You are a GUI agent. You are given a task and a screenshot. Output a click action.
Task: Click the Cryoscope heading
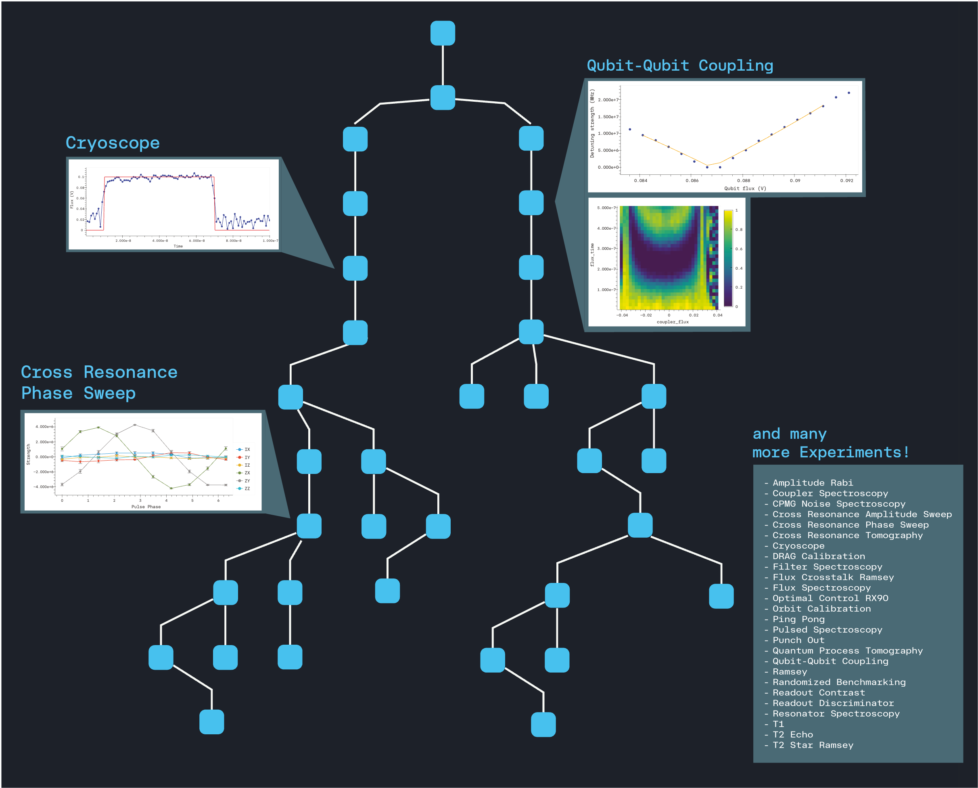pyautogui.click(x=113, y=143)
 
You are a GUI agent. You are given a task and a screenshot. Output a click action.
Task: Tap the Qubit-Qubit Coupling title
pyautogui.click(x=679, y=65)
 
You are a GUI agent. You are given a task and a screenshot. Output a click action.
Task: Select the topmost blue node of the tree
pyautogui.click(x=442, y=33)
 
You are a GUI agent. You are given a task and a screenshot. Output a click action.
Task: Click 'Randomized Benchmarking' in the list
pyautogui.click(x=839, y=682)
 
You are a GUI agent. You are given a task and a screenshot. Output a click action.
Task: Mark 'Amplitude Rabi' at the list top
pyautogui.click(x=813, y=483)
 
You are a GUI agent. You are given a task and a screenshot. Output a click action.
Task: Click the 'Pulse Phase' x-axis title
pyautogui.click(x=146, y=507)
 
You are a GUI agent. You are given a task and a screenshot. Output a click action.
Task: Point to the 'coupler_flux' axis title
pyautogui.click(x=672, y=322)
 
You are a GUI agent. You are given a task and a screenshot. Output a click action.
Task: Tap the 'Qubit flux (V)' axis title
pyautogui.click(x=745, y=189)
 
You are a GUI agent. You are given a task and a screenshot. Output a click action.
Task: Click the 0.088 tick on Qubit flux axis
pyautogui.click(x=744, y=181)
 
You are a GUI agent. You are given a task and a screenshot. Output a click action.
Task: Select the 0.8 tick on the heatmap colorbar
pyautogui.click(x=738, y=230)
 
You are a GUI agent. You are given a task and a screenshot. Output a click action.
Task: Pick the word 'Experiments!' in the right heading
pyautogui.click(x=854, y=453)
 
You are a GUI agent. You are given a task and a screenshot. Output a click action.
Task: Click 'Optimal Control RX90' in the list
pyautogui.click(x=830, y=598)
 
